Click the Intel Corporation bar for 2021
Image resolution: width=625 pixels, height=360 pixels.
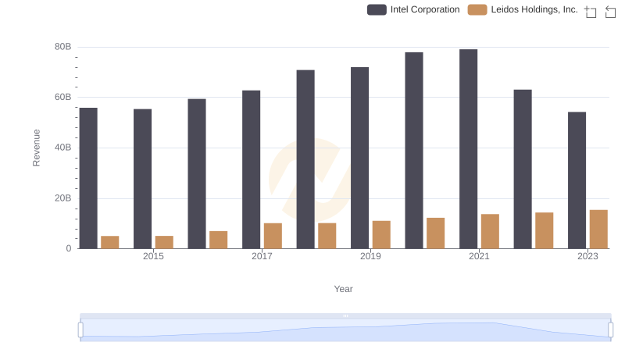tap(468, 149)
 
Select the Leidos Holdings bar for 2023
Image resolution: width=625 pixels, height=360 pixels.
tap(598, 230)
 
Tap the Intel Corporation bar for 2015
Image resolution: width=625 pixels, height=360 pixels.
tap(142, 179)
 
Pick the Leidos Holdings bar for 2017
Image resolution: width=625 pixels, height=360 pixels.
tap(273, 236)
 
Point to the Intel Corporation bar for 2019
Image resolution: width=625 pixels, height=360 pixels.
tap(359, 158)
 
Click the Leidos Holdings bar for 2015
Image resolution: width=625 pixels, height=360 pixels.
tap(164, 242)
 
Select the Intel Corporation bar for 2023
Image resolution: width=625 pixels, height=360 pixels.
tap(577, 180)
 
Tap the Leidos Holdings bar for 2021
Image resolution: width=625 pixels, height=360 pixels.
tap(490, 231)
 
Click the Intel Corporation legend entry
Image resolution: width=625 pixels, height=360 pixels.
tap(414, 9)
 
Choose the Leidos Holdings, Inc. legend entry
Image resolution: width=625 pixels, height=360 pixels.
tap(523, 9)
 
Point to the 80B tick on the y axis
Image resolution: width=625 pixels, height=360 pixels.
tap(62, 47)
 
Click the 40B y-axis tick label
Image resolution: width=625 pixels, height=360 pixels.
tap(62, 148)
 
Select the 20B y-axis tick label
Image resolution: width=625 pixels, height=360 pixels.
tap(62, 198)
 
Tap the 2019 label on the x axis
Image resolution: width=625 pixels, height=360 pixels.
tap(370, 256)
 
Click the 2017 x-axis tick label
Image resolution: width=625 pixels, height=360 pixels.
tap(262, 256)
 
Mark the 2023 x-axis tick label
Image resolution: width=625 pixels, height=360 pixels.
tap(587, 256)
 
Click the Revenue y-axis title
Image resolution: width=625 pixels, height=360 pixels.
tap(36, 148)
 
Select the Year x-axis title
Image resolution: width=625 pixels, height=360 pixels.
tap(344, 289)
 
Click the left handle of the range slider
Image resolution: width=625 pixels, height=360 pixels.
tap(80, 330)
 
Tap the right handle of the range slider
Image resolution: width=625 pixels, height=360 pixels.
tap(610, 330)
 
